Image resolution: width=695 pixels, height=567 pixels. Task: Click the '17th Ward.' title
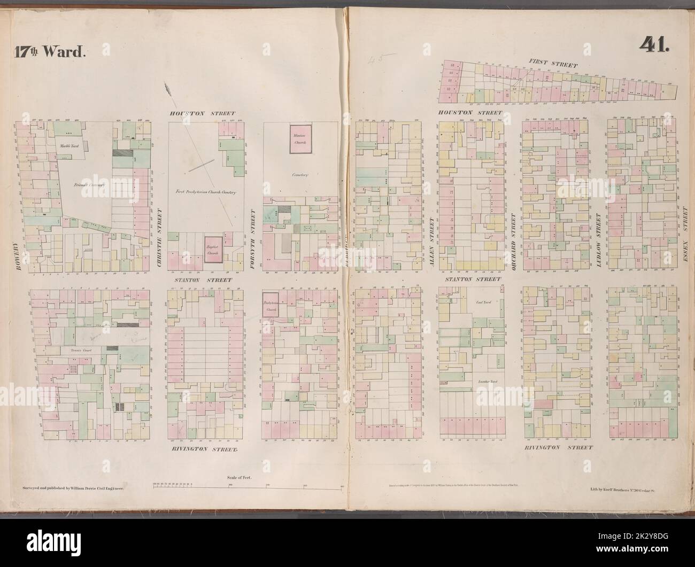48,52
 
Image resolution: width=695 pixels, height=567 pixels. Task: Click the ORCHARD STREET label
513,236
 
